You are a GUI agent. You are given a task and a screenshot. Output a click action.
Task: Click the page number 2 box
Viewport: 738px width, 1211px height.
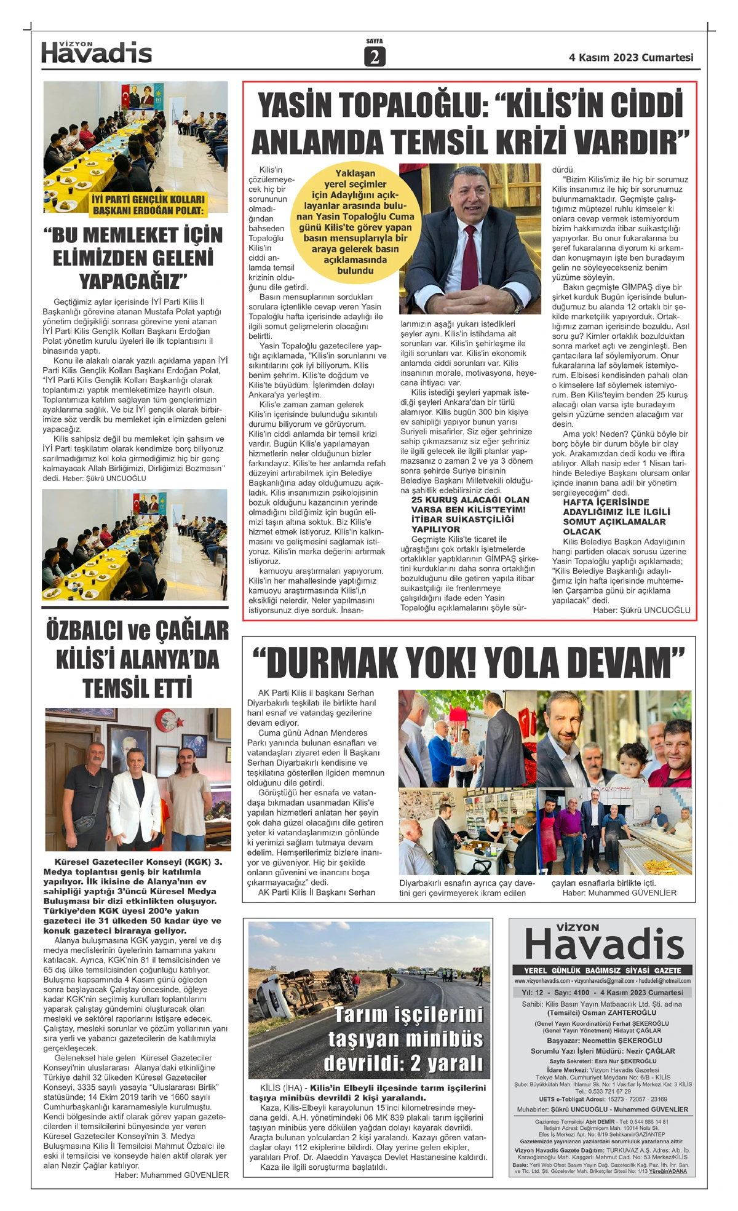tap(375, 57)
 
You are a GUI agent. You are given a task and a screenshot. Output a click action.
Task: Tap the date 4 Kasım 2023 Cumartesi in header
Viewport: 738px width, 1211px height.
tap(631, 57)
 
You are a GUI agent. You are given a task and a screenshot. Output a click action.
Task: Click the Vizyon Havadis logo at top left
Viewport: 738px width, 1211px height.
tap(97, 53)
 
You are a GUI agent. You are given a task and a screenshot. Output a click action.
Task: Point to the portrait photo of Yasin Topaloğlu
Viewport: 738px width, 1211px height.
tap(470, 230)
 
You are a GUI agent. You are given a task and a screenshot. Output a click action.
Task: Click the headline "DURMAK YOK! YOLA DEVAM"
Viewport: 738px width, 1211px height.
tap(469, 663)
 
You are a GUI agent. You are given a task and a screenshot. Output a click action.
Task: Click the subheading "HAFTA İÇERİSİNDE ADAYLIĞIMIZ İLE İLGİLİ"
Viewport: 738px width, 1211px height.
tap(616, 507)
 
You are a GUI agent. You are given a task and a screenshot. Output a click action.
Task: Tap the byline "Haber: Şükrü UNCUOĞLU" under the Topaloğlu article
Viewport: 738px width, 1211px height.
tap(641, 610)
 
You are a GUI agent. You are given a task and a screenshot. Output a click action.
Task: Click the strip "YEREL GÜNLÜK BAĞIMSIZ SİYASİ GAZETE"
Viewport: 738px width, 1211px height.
tap(602, 970)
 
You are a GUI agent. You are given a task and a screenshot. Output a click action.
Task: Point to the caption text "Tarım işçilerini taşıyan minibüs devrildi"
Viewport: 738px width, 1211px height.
tap(405, 1039)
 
